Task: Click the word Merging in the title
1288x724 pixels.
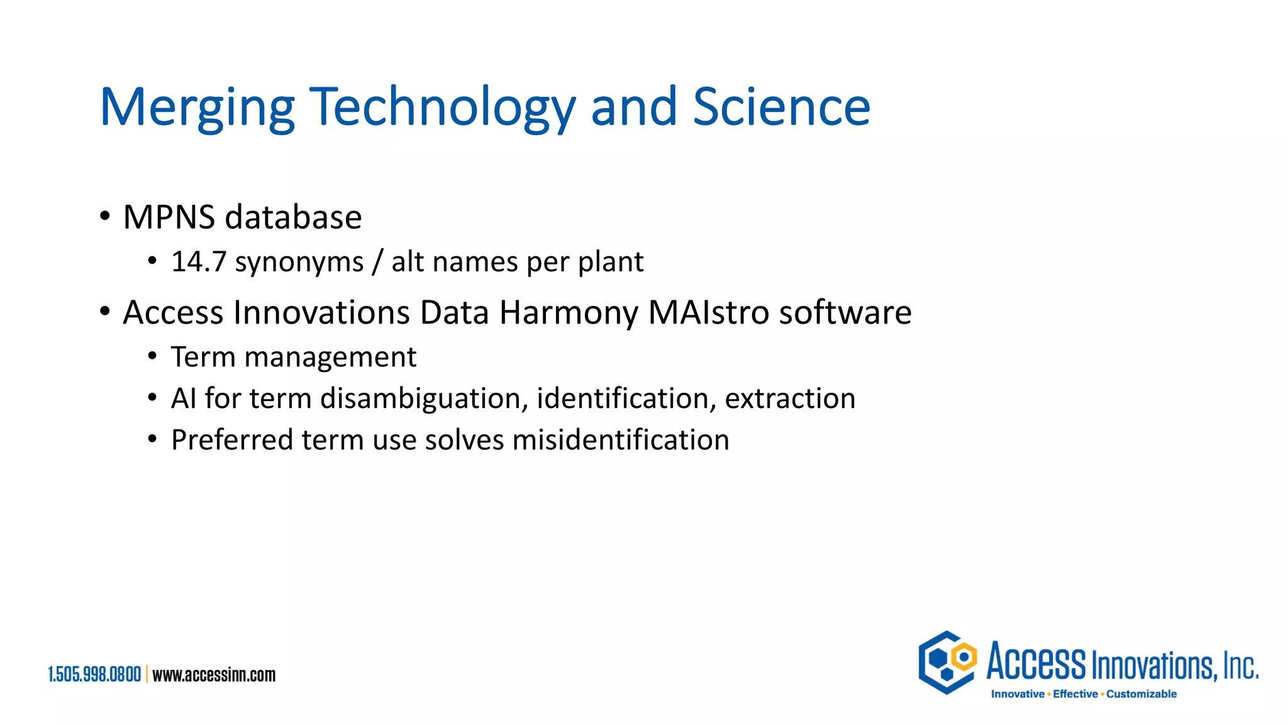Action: coord(197,108)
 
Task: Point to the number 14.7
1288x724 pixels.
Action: coord(198,262)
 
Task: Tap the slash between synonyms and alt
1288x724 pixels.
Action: coord(377,262)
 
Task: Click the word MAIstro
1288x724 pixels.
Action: coord(709,312)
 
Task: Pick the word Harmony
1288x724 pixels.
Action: coord(569,313)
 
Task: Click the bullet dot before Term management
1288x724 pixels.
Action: coord(152,356)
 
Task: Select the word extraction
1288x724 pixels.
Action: coord(790,398)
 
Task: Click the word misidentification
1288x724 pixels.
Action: coord(621,440)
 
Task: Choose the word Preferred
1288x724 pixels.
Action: coord(232,440)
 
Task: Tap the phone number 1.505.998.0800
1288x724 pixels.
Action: coord(95,675)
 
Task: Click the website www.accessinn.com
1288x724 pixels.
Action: coord(214,675)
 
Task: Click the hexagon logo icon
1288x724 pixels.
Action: coord(947,662)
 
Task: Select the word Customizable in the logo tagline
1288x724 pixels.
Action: coord(1141,694)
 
